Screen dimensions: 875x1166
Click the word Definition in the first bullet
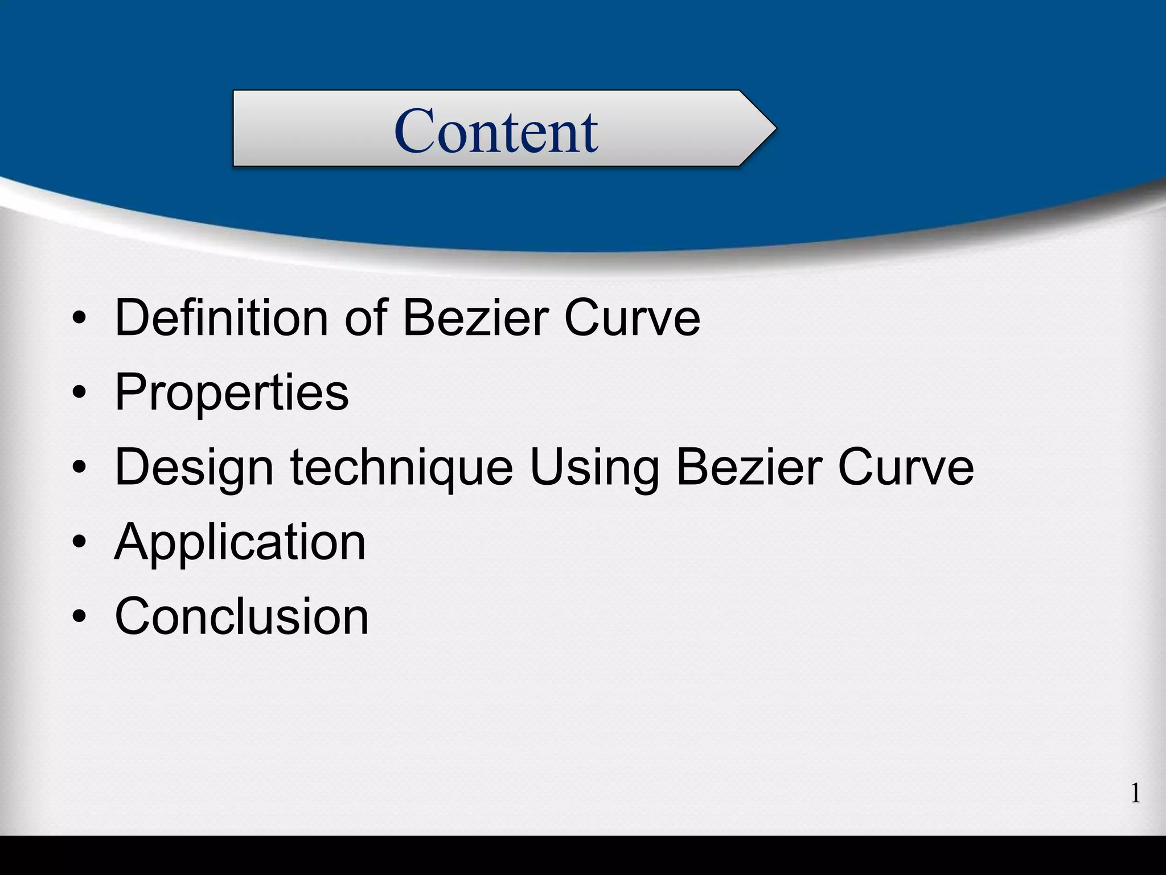point(221,317)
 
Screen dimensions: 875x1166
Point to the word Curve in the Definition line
point(632,317)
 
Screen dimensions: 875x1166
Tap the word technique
point(401,467)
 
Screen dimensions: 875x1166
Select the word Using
point(594,467)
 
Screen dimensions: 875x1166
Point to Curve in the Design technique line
point(906,467)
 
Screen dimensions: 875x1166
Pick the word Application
point(240,542)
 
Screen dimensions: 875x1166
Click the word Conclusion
point(242,616)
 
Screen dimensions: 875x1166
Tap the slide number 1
point(1135,793)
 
